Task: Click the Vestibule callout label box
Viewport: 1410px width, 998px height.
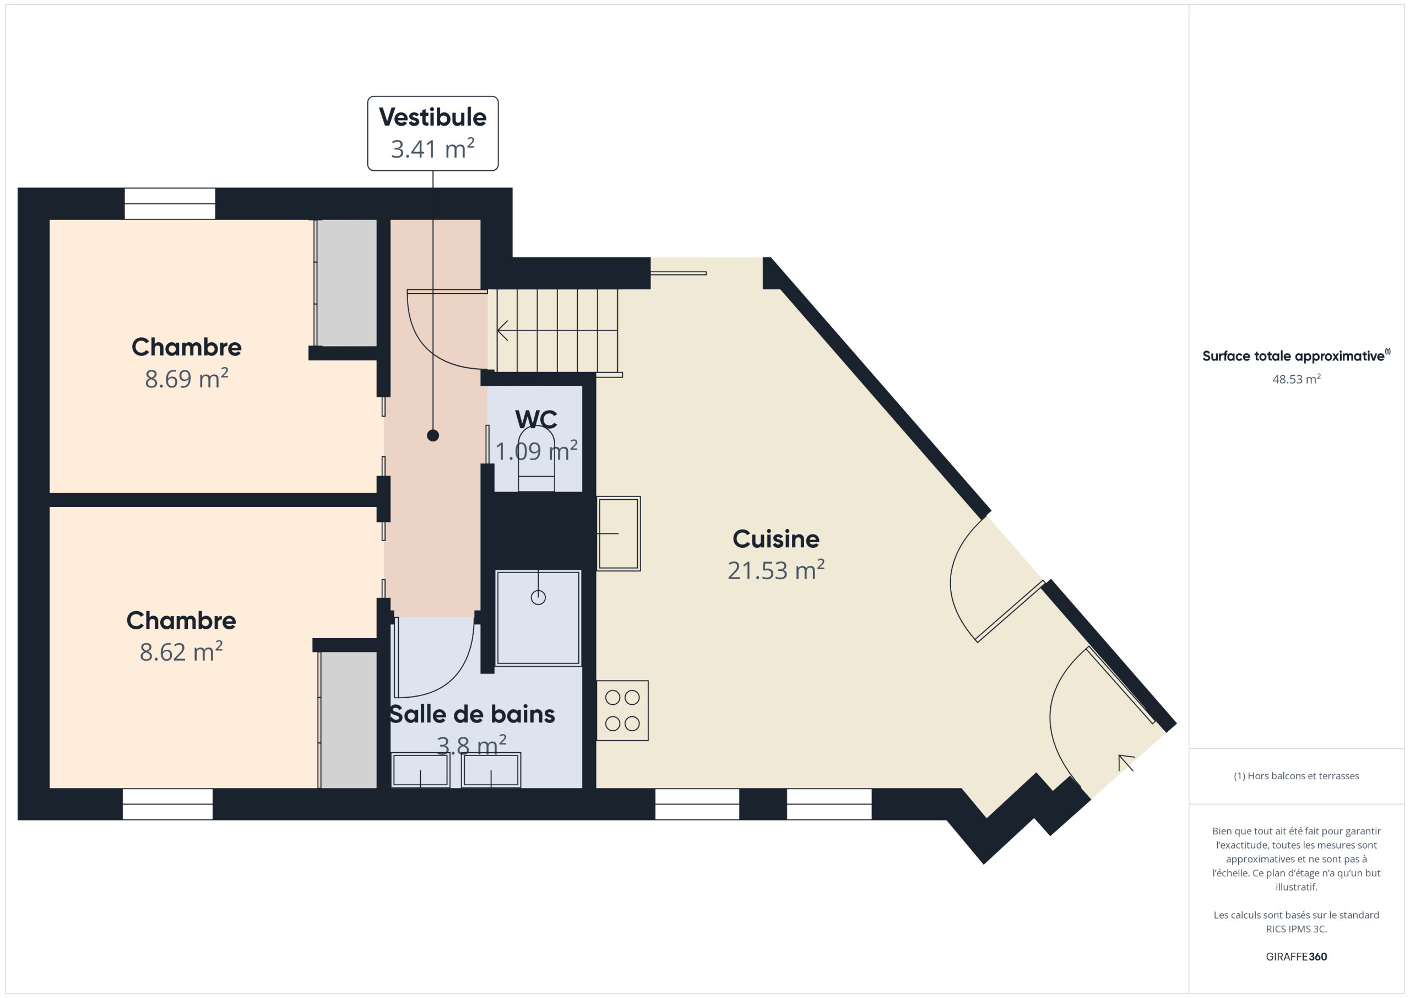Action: pyautogui.click(x=433, y=133)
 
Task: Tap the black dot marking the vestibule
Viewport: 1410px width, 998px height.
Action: pyautogui.click(x=433, y=436)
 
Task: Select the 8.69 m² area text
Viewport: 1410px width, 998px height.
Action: pyautogui.click(x=187, y=379)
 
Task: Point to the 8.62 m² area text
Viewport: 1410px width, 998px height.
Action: pyautogui.click(x=181, y=651)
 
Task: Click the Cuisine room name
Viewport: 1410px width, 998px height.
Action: pyautogui.click(x=775, y=539)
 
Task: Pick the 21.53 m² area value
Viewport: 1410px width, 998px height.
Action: pyautogui.click(x=775, y=570)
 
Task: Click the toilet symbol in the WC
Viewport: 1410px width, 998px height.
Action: pyautogui.click(x=536, y=458)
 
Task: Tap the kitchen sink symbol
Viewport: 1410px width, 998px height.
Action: pyautogui.click(x=619, y=533)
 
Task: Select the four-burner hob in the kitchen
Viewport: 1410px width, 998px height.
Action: pyautogui.click(x=622, y=710)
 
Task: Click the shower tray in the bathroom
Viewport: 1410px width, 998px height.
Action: pyautogui.click(x=538, y=618)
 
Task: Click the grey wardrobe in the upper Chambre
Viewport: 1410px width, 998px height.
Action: pyautogui.click(x=346, y=283)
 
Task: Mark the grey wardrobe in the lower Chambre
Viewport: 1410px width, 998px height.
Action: pyautogui.click(x=348, y=720)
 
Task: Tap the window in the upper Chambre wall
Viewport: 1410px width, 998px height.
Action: pyautogui.click(x=170, y=203)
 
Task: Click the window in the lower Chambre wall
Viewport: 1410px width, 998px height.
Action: pyautogui.click(x=167, y=805)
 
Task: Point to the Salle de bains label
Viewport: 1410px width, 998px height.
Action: pyautogui.click(x=471, y=714)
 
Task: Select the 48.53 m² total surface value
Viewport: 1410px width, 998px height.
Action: pyautogui.click(x=1297, y=379)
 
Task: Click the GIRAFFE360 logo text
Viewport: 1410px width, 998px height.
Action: pyautogui.click(x=1297, y=957)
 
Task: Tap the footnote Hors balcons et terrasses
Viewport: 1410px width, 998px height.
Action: pyautogui.click(x=1297, y=776)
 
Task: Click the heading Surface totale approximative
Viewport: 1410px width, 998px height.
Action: pyautogui.click(x=1296, y=356)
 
